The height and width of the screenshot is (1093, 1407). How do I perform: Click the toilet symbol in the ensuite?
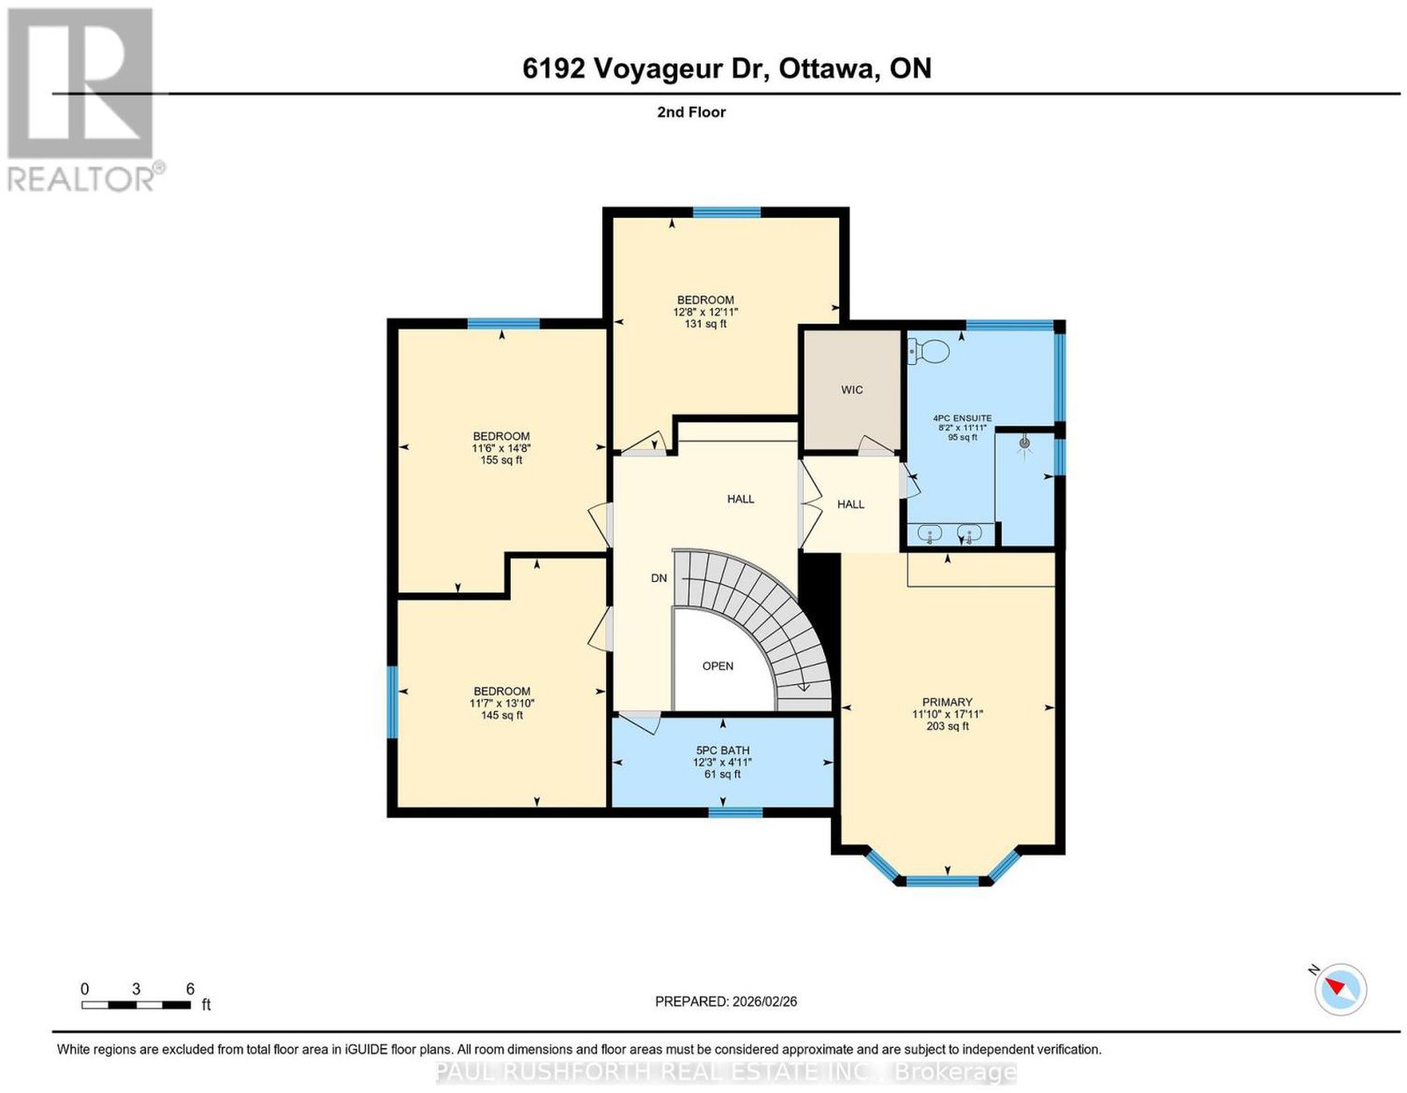click(928, 351)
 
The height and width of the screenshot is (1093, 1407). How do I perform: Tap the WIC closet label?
click(851, 390)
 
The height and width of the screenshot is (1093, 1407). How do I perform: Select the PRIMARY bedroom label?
click(947, 702)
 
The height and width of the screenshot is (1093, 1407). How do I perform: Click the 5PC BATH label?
click(722, 750)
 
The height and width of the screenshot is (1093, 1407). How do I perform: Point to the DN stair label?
click(659, 578)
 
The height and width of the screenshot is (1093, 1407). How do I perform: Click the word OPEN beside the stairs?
click(718, 666)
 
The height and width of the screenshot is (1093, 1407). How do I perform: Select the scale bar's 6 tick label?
click(190, 989)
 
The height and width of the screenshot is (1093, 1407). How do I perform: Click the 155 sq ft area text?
click(501, 460)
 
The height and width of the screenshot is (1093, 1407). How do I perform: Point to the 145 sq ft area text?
click(502, 715)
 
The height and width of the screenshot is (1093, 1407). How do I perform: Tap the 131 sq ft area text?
click(705, 324)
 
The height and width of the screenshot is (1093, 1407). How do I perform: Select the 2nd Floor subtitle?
click(691, 112)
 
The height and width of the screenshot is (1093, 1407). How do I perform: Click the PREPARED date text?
click(725, 1001)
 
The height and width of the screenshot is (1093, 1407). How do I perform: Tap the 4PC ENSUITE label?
click(961, 418)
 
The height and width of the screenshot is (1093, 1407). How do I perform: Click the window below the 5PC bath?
click(735, 812)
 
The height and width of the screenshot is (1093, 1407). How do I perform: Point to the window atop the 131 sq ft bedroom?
click(726, 212)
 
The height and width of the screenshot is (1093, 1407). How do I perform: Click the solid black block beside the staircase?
click(820, 594)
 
